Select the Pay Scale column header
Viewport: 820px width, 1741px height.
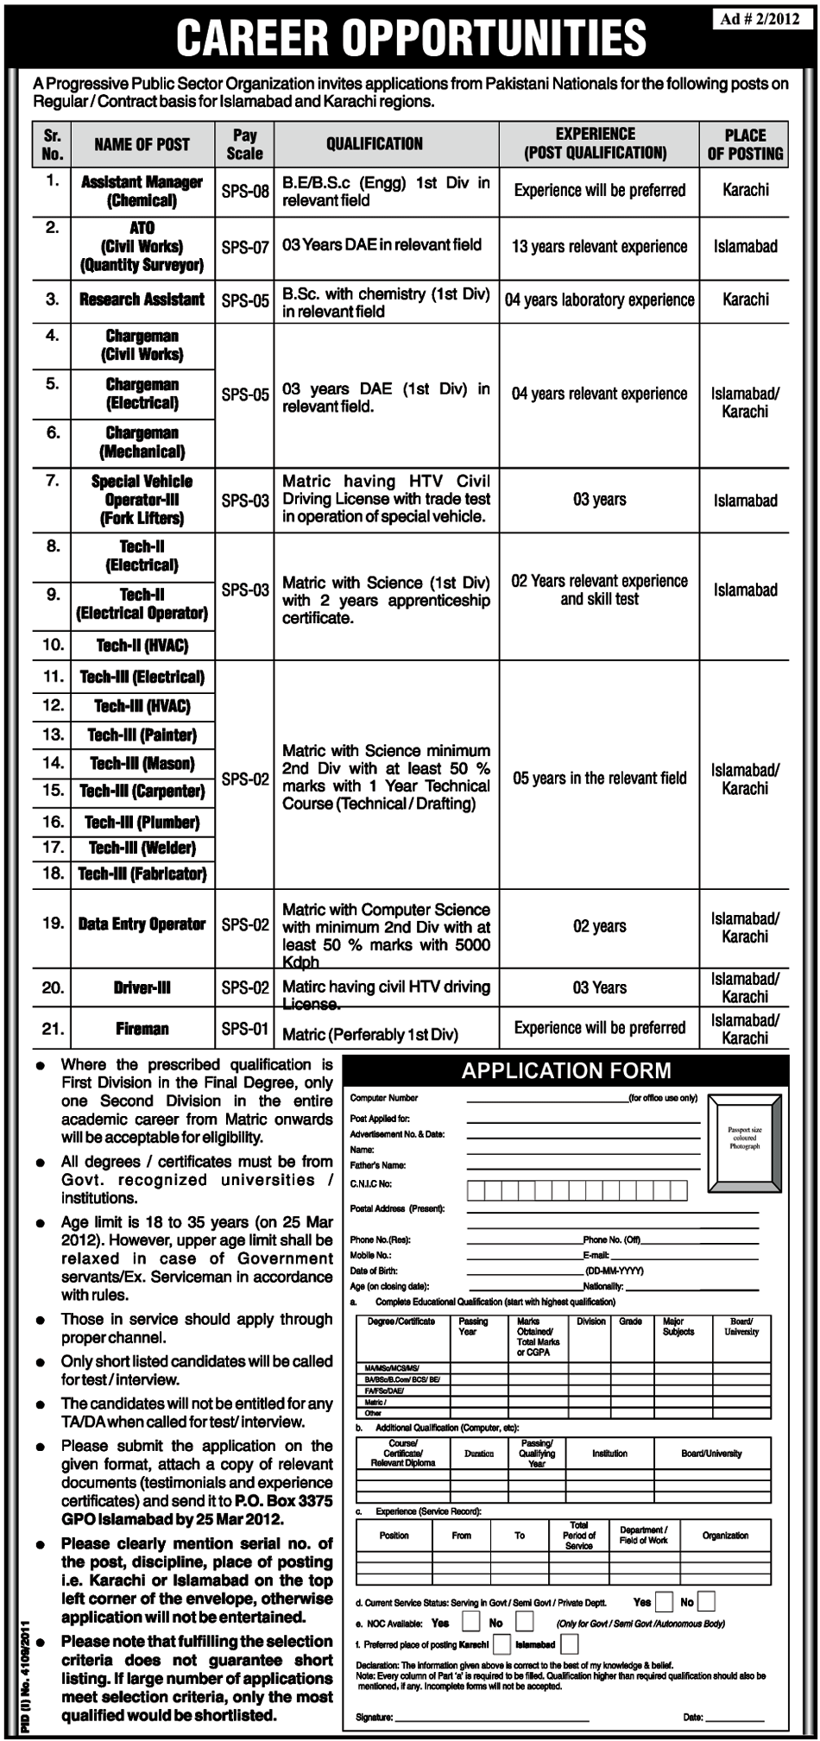(x=244, y=144)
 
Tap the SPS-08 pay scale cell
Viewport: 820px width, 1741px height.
(x=244, y=192)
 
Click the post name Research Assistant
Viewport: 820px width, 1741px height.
(x=142, y=300)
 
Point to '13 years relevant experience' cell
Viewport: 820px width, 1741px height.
(x=599, y=247)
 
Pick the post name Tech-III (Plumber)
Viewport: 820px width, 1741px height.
(x=142, y=822)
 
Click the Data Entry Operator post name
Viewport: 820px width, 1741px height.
(x=142, y=924)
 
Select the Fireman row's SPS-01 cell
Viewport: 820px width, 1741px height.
(x=244, y=1029)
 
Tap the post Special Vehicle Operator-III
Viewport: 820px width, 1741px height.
(x=142, y=500)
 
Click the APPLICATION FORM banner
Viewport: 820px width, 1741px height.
(x=565, y=1072)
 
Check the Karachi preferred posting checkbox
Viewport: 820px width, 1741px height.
(x=501, y=1645)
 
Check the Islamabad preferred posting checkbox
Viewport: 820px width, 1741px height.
(x=569, y=1645)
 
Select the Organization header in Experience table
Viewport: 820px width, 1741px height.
(x=725, y=1536)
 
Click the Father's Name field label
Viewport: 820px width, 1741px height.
(x=377, y=1165)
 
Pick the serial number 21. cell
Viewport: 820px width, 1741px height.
(x=53, y=1029)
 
